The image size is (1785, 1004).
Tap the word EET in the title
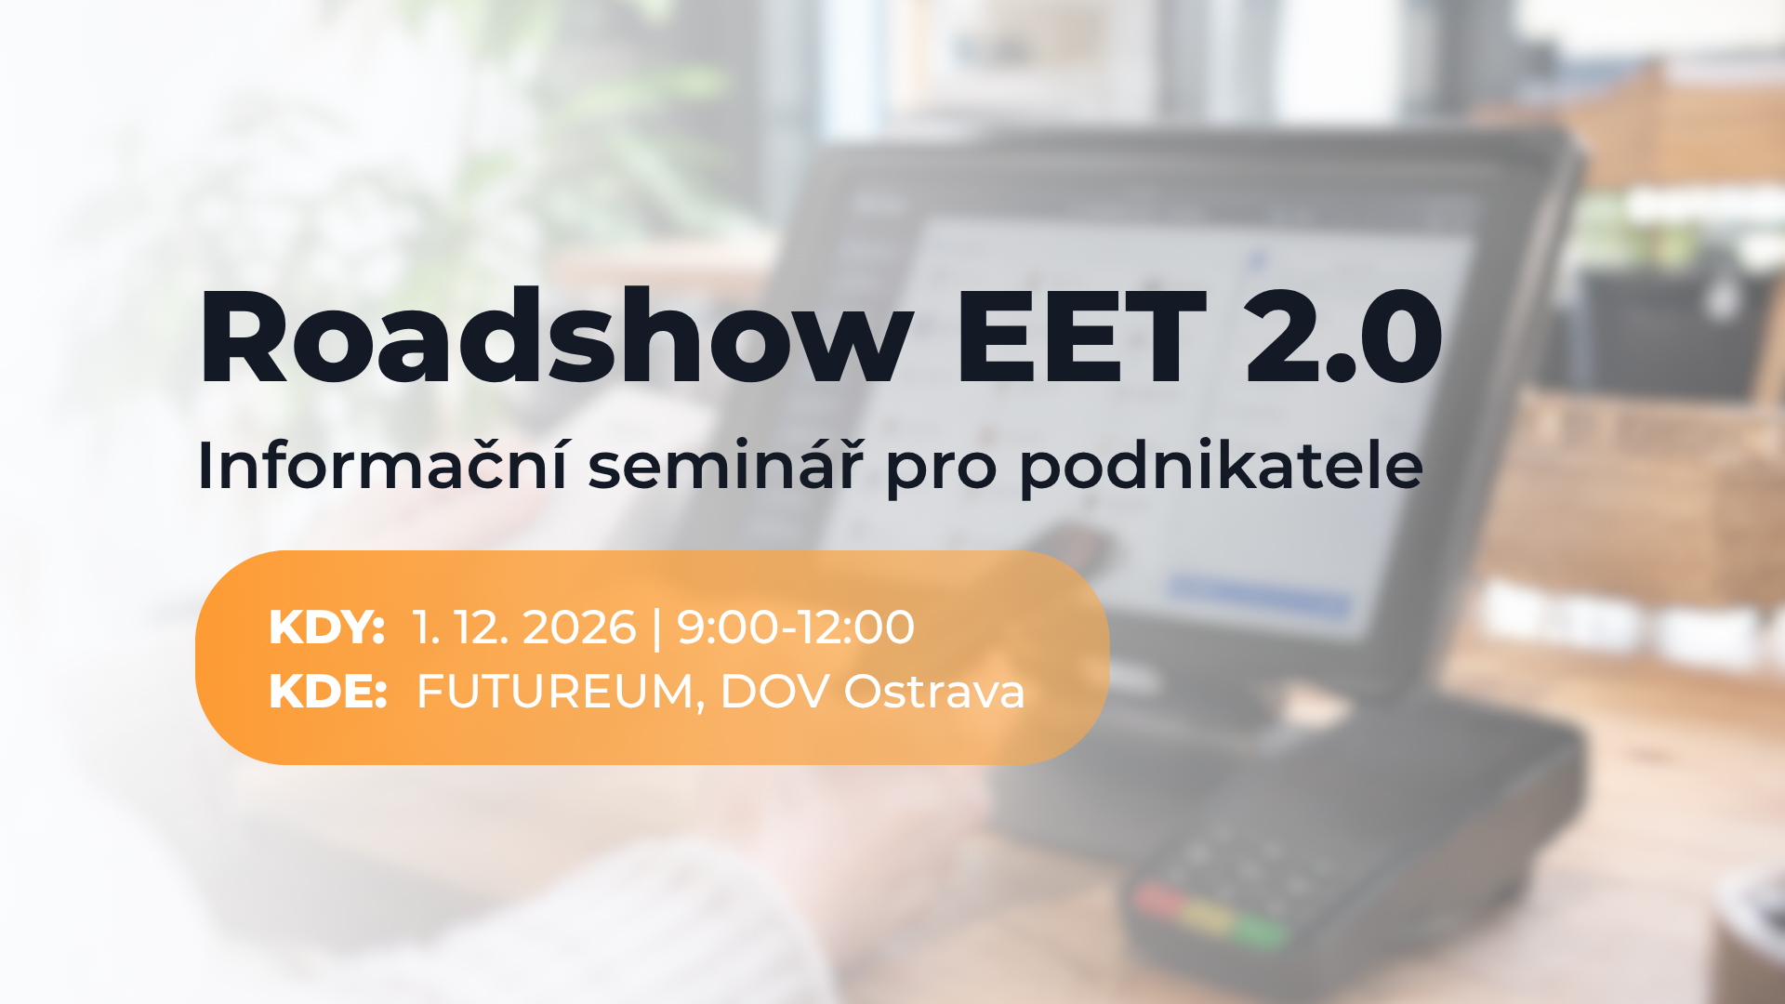1080,337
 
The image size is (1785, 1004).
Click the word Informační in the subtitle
382,464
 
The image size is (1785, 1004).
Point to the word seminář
725,464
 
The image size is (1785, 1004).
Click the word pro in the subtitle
942,471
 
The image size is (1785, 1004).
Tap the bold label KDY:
326,627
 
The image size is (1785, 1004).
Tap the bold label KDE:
327,692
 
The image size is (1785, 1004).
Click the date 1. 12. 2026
524,627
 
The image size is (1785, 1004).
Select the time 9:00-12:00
796,627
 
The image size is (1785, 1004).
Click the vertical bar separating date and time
657,628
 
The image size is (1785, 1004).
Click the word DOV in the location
773,692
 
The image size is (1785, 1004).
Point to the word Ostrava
934,692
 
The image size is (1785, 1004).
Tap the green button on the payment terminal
1261,930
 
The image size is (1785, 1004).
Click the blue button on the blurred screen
1260,595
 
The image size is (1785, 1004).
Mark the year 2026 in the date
579,627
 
